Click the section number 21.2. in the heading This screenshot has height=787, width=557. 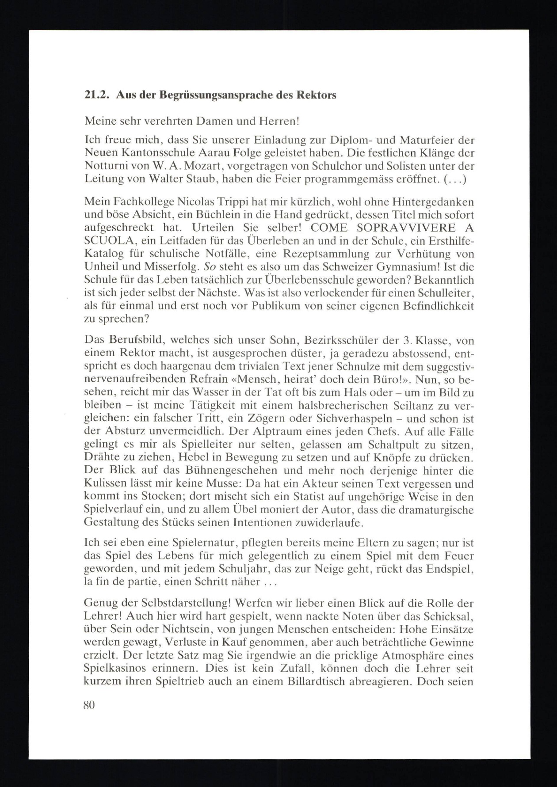coord(96,95)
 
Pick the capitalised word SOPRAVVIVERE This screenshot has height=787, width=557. coord(406,228)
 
